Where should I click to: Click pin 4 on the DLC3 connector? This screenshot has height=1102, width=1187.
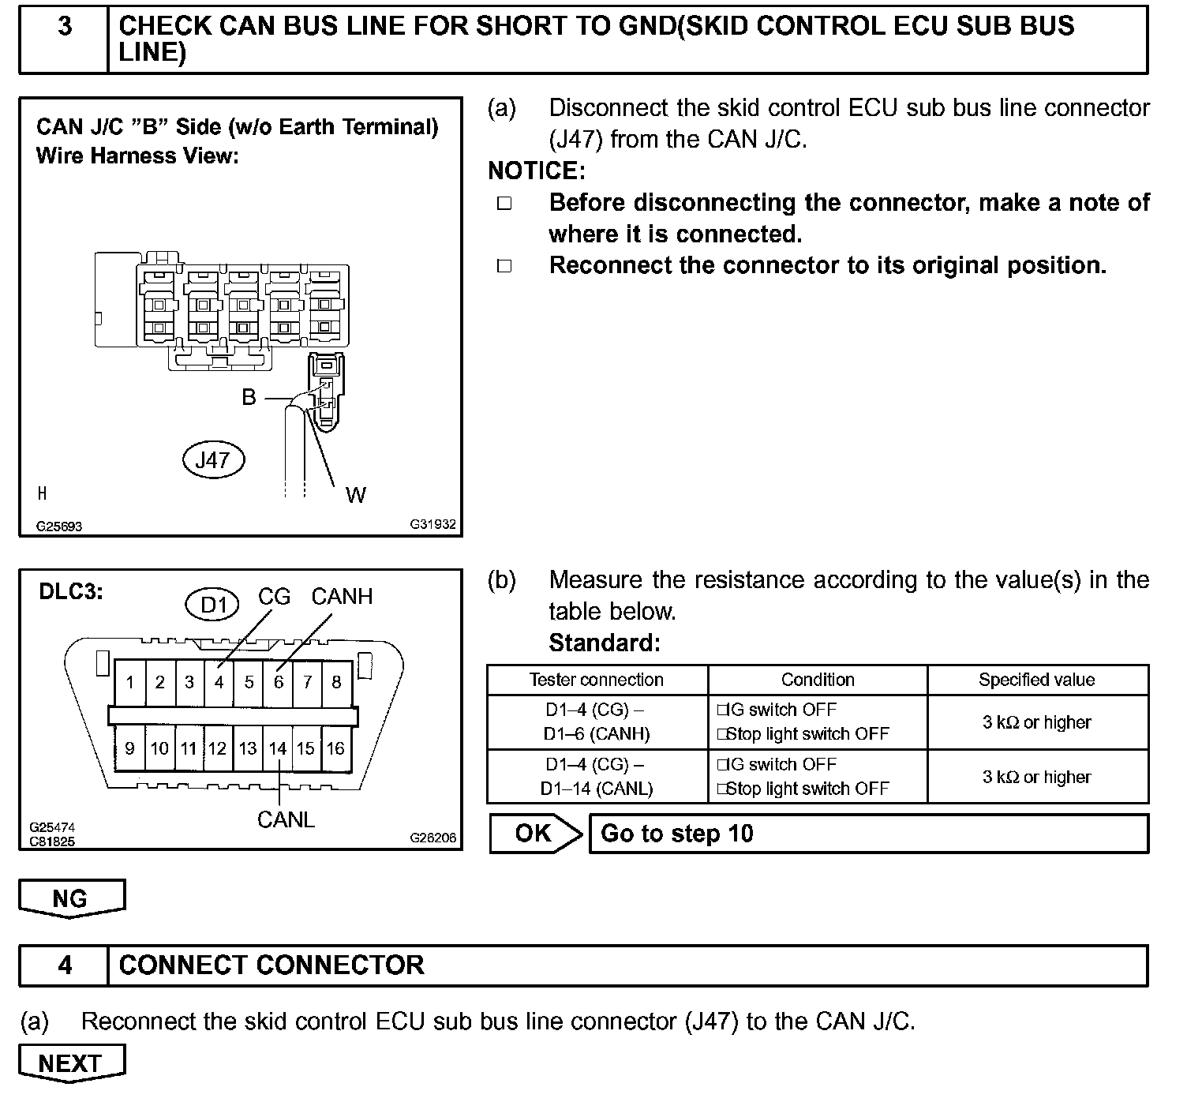[x=219, y=682]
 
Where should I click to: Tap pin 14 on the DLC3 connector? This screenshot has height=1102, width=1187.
[x=277, y=748]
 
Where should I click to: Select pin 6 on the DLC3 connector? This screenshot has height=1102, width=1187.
[x=278, y=682]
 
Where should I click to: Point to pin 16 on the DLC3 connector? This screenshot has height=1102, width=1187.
[x=335, y=748]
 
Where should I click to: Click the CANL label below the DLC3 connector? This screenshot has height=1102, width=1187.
[x=286, y=819]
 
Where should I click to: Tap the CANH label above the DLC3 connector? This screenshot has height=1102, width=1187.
[x=342, y=597]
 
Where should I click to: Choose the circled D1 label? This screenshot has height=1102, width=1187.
[x=213, y=605]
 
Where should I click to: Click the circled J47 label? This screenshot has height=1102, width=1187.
[x=212, y=460]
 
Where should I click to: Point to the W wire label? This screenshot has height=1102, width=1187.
[x=355, y=495]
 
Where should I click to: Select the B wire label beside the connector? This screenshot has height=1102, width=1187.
[x=249, y=397]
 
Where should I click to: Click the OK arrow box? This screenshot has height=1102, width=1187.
[x=534, y=834]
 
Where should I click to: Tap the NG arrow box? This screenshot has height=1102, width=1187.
[x=71, y=898]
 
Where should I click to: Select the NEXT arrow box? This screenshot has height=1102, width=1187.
[x=71, y=1063]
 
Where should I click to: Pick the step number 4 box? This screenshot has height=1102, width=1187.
[x=64, y=965]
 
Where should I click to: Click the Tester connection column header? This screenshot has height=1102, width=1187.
[x=597, y=680]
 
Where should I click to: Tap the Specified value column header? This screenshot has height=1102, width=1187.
[x=1037, y=680]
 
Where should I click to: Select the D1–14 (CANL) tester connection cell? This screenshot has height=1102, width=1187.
[x=597, y=777]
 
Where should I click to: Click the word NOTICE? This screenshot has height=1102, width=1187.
[x=537, y=171]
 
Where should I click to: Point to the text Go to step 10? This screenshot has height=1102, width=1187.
[x=677, y=834]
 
